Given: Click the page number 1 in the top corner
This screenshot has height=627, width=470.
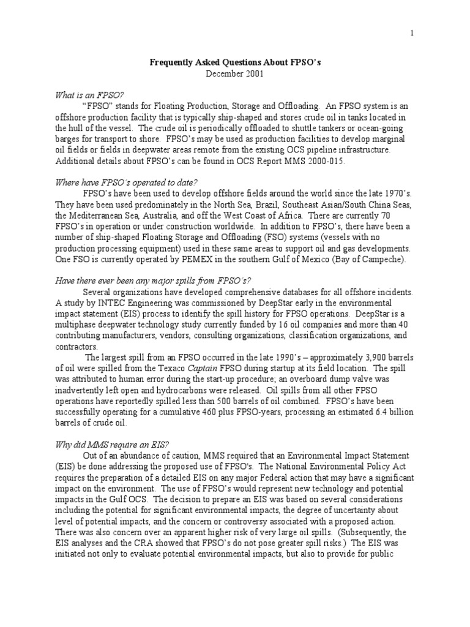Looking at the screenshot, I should (412, 34).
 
